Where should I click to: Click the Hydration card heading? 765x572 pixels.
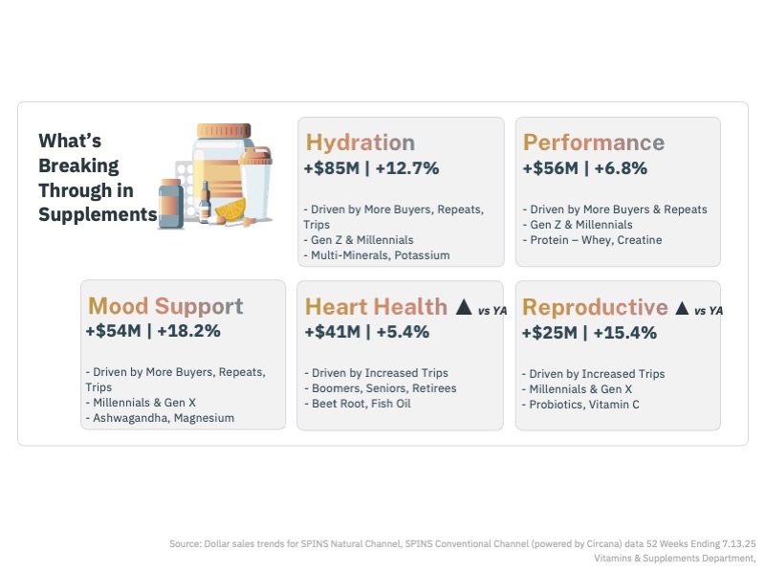click(x=361, y=143)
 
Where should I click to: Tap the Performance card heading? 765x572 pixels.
click(x=593, y=143)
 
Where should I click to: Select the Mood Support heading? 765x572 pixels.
click(x=165, y=307)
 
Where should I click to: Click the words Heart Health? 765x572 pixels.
click(x=376, y=307)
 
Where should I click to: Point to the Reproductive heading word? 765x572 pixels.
click(x=595, y=308)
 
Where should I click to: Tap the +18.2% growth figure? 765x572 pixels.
click(x=189, y=331)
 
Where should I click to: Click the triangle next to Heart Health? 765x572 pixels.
click(x=463, y=307)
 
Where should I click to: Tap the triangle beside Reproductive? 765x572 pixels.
click(x=682, y=308)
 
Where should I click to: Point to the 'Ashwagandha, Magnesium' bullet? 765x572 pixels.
click(x=159, y=418)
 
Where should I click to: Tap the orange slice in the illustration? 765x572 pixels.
click(x=230, y=208)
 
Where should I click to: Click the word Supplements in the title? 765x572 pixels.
click(x=98, y=215)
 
